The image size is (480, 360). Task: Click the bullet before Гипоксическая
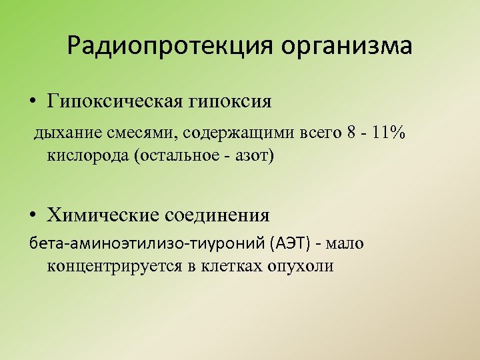32,103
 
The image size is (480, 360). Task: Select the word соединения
219,215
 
